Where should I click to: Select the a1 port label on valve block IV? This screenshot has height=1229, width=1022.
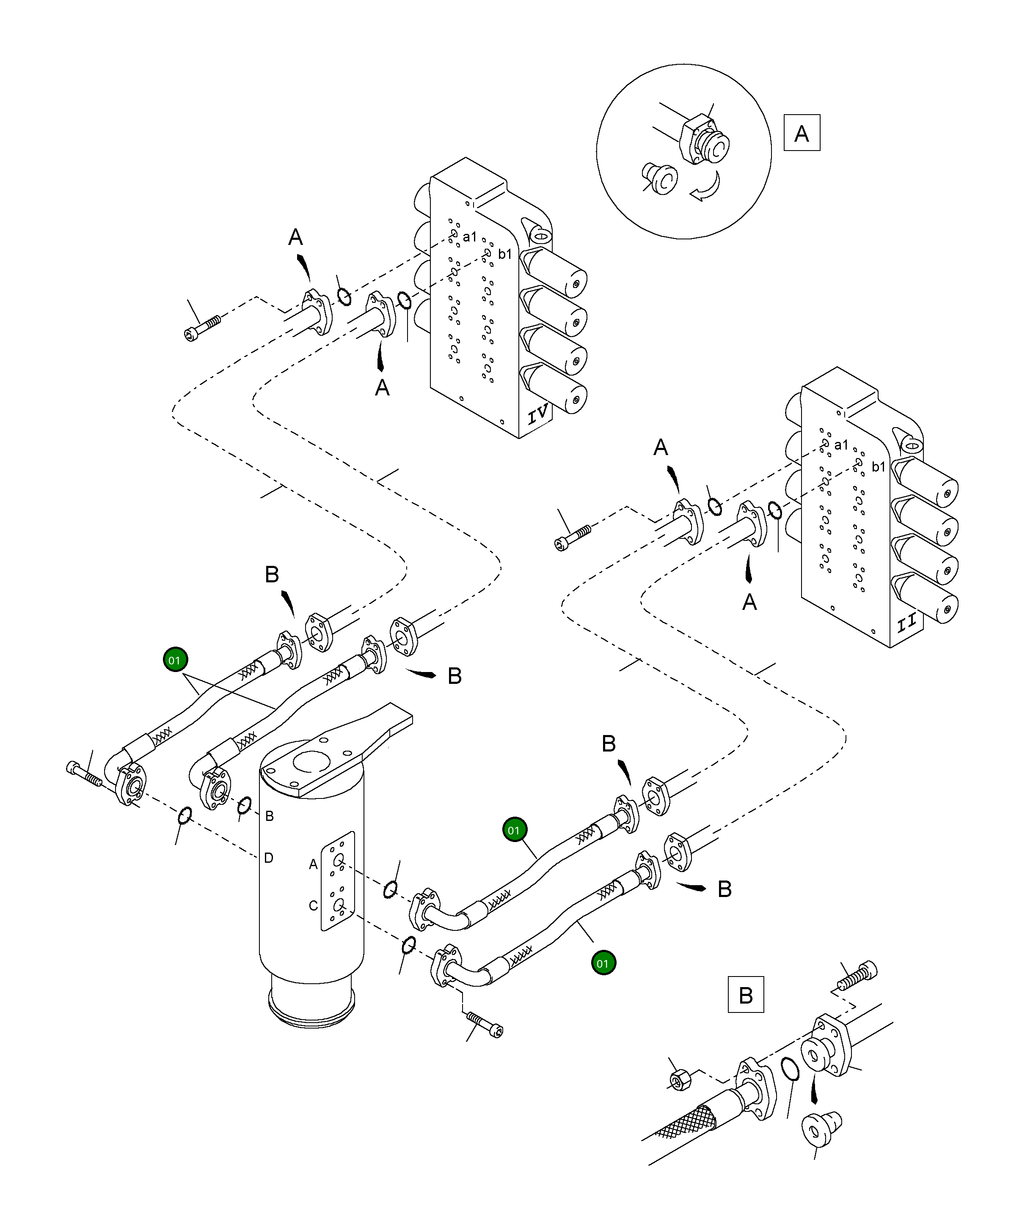[470, 237]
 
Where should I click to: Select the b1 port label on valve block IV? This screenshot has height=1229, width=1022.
[505, 254]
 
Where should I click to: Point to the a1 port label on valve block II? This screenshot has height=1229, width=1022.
[841, 445]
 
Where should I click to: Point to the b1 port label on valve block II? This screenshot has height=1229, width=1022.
[879, 466]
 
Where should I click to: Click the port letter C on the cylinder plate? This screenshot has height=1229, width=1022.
[313, 906]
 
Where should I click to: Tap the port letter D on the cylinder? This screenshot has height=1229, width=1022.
[268, 858]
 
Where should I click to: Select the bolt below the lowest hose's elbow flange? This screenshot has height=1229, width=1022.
[485, 1026]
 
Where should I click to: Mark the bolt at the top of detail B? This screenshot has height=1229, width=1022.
[857, 976]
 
